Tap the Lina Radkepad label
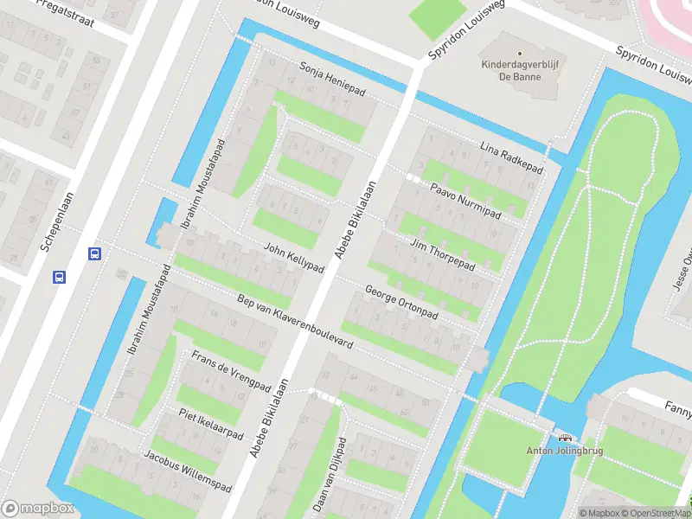click(x=510, y=158)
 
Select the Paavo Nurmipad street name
click(x=466, y=200)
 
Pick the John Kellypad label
click(x=294, y=257)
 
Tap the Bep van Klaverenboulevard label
click(x=295, y=321)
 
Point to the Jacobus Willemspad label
click(x=187, y=470)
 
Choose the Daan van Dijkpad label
click(x=330, y=474)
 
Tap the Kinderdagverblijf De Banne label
click(x=516, y=69)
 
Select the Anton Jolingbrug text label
click(x=565, y=450)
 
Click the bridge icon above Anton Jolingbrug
click(x=566, y=438)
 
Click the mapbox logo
click(x=37, y=508)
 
